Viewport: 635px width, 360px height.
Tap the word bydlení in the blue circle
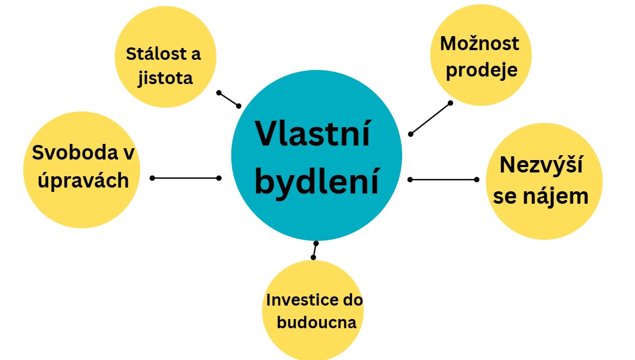coord(316,182)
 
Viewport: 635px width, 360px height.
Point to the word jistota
coord(165,78)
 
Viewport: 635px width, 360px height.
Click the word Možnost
coord(480,43)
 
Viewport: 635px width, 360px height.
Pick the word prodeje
coord(481,70)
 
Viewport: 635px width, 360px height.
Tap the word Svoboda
coord(75,153)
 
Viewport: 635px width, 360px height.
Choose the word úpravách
coord(83,180)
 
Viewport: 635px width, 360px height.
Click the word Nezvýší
coord(541,165)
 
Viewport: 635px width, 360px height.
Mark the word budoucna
coord(316,322)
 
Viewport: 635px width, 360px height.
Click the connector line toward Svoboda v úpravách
coord(185,178)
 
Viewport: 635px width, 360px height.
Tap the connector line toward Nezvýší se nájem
coord(444,179)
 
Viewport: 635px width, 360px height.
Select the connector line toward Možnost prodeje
coord(431,118)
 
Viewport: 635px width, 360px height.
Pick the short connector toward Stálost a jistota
coord(229,100)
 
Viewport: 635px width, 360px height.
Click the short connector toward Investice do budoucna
coord(315,250)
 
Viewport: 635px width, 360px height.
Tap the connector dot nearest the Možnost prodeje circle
coord(450,103)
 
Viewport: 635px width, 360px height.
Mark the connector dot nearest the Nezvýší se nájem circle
coord(477,179)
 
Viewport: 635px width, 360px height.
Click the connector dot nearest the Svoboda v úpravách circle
coord(152,178)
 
